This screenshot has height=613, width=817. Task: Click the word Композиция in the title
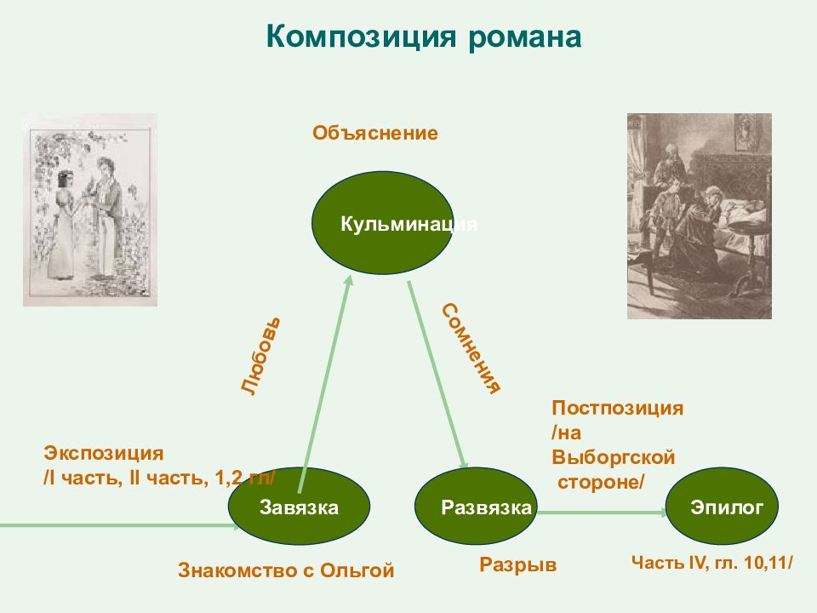coord(361,37)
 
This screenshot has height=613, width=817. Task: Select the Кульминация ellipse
coord(382,223)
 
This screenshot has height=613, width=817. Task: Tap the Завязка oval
coord(299,506)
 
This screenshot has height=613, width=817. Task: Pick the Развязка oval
coord(476,506)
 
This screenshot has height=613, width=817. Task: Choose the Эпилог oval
coord(723,506)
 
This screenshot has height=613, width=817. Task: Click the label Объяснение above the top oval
coord(375,134)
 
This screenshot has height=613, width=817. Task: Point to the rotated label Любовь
coord(261,356)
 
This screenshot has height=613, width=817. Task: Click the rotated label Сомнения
coord(471,348)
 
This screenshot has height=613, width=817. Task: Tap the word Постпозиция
coord(618,408)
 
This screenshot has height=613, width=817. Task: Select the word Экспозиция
coord(104,453)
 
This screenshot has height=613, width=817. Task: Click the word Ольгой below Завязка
coord(357,570)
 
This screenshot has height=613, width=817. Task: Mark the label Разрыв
coord(518,565)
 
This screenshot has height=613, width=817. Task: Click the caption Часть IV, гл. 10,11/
coord(712,563)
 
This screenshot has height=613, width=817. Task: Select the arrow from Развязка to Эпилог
coord(602,513)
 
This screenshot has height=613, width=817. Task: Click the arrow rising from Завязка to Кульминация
coord(325,384)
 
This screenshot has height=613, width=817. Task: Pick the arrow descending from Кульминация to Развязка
coord(437,375)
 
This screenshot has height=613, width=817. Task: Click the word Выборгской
coord(614,457)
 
